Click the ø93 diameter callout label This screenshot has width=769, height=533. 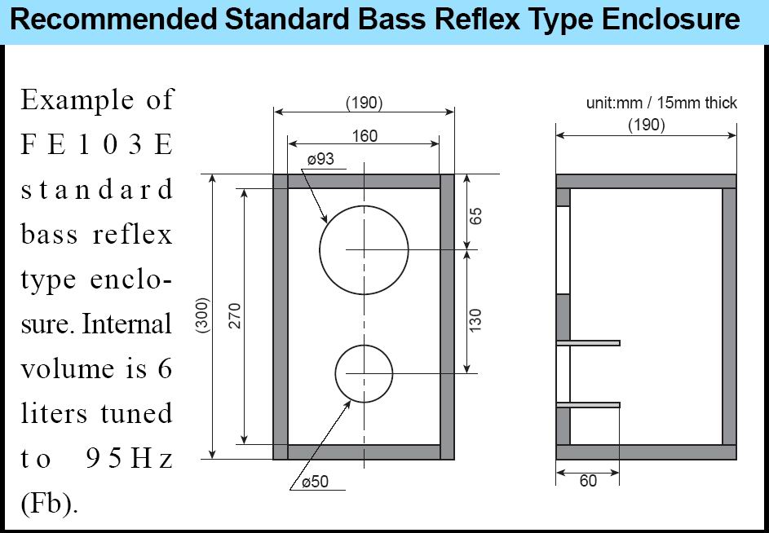(320, 160)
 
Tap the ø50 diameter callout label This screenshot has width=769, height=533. (315, 482)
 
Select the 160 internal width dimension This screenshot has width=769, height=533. (365, 136)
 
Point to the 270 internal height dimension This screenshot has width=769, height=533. (236, 315)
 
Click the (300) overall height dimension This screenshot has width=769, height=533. (203, 315)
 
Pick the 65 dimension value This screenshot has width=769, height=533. (475, 216)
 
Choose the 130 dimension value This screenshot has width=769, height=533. (475, 319)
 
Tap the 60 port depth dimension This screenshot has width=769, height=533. (588, 481)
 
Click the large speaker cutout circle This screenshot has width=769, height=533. (364, 205)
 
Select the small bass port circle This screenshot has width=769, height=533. (364, 345)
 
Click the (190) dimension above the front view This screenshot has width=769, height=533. (364, 103)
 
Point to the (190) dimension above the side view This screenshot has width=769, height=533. (647, 125)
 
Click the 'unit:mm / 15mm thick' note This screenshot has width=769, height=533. (661, 103)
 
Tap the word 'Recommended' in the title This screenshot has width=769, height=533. (113, 20)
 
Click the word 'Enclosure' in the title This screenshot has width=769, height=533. (671, 20)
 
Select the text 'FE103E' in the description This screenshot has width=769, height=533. (96, 144)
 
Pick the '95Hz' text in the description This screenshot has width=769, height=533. (130, 459)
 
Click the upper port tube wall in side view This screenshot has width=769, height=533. (588, 343)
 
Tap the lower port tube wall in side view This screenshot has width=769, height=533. (588, 405)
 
